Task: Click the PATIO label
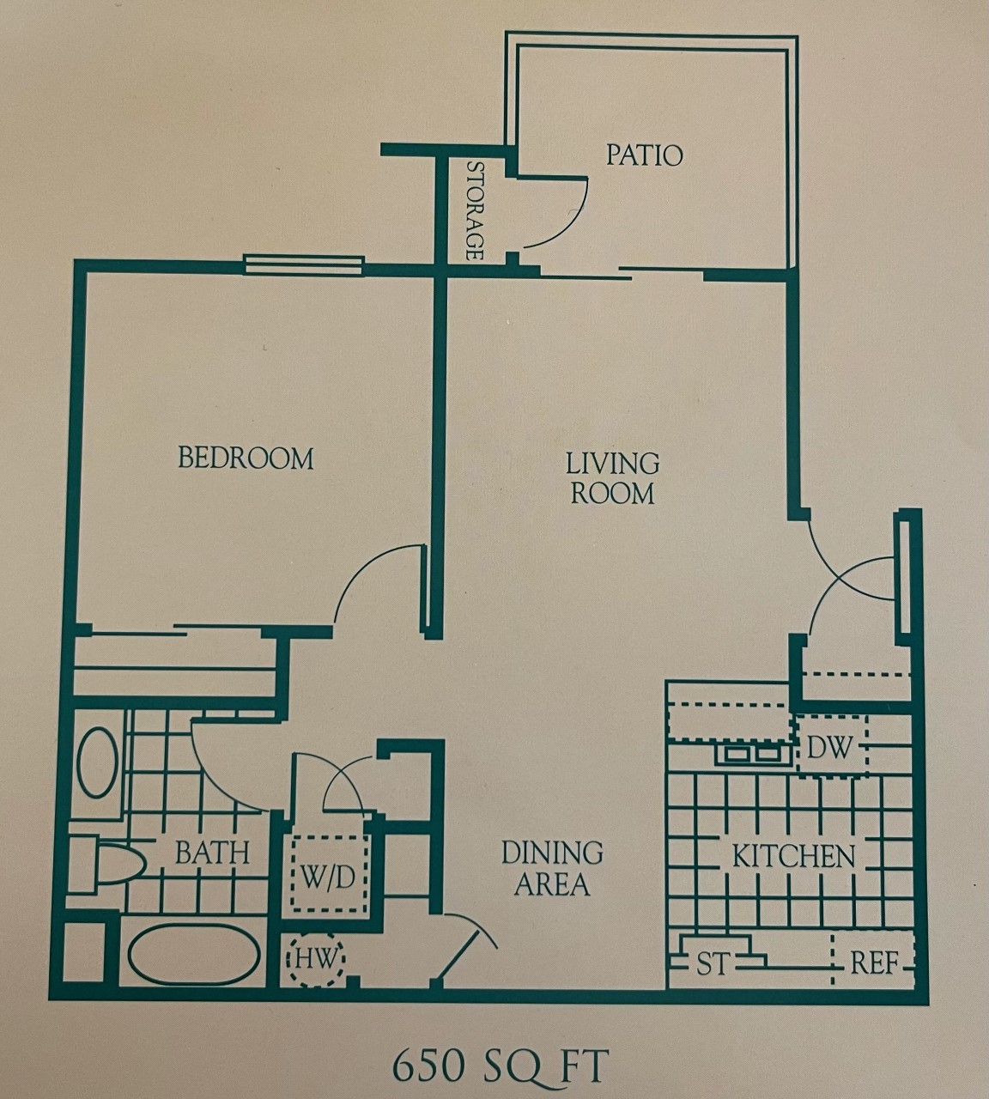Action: pyautogui.click(x=644, y=155)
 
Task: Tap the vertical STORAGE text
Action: pyautogui.click(x=474, y=210)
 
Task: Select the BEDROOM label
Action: pyautogui.click(x=246, y=458)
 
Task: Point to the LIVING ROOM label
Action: pyautogui.click(x=613, y=478)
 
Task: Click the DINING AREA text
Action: pyautogui.click(x=552, y=868)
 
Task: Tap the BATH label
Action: pyautogui.click(x=212, y=853)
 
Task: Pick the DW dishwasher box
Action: pyautogui.click(x=831, y=747)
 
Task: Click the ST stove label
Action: pyautogui.click(x=712, y=964)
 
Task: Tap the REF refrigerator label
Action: pyautogui.click(x=874, y=963)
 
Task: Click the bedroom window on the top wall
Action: pyautogui.click(x=304, y=264)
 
